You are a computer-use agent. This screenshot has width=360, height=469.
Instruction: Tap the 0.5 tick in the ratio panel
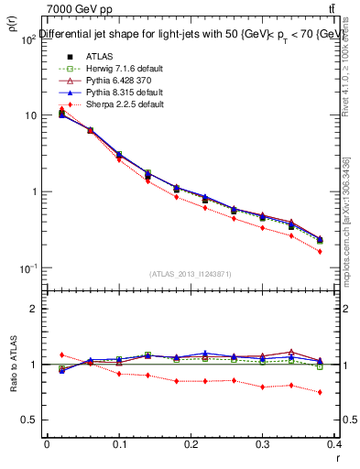[31, 420]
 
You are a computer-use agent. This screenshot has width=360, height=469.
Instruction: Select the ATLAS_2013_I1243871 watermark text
[191, 274]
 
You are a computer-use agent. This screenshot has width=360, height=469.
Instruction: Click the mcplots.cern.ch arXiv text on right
[345, 220]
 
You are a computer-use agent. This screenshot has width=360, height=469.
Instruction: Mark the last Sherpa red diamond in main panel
[320, 251]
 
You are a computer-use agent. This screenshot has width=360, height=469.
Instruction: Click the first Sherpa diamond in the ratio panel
[61, 354]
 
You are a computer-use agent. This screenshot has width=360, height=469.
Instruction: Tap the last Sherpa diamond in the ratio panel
[320, 392]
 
